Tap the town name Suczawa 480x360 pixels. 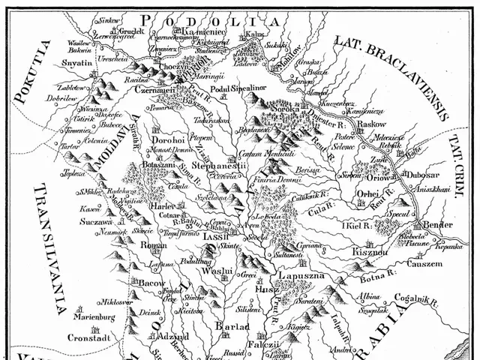(96, 223)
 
